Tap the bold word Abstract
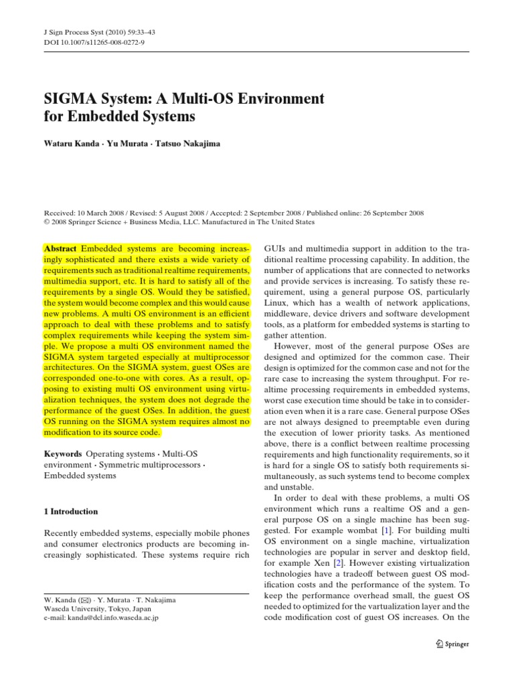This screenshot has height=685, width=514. (60, 247)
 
